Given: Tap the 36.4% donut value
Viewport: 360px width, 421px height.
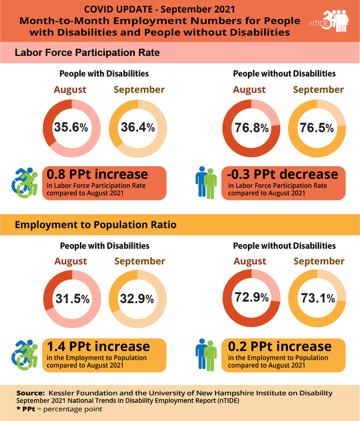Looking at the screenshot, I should [138, 128].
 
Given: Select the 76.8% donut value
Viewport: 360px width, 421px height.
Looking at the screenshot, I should [250, 128].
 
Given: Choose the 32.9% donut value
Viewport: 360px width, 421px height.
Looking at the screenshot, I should [138, 299].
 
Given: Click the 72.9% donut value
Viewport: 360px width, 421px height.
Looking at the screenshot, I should [250, 299].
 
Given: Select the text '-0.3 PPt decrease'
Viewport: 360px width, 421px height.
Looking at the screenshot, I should [282, 174].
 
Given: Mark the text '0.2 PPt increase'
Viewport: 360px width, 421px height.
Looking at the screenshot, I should [279, 346].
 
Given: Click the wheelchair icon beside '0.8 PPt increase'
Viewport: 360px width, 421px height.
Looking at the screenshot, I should [25, 182].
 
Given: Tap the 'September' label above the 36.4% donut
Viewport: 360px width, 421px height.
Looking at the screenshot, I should [139, 90].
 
